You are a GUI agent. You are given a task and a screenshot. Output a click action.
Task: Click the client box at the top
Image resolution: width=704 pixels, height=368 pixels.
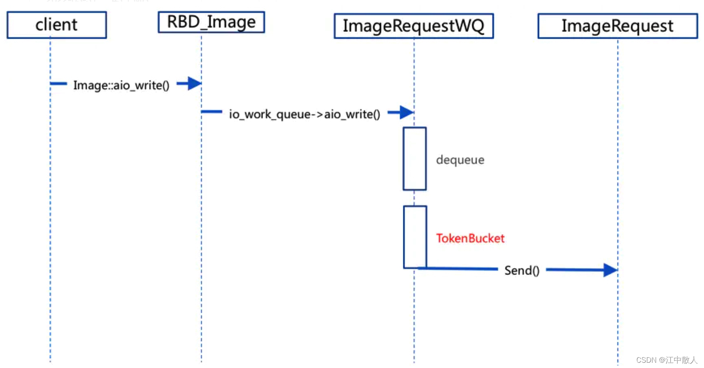pyautogui.click(x=56, y=25)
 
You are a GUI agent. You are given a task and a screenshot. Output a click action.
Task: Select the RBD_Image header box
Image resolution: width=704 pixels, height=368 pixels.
pyautogui.click(x=211, y=22)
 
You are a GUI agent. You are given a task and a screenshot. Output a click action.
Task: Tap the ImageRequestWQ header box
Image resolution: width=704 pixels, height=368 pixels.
pyautogui.click(x=414, y=26)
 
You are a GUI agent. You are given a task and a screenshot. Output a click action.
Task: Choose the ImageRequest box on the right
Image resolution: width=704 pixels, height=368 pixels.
pyautogui.click(x=617, y=26)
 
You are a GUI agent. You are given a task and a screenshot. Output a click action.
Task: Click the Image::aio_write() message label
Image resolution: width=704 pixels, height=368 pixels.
pyautogui.click(x=121, y=85)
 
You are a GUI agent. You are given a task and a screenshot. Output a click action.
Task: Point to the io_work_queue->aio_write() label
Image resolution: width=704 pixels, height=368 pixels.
pyautogui.click(x=305, y=114)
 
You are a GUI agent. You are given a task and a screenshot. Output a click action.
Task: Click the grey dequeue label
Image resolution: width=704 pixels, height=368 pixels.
pyautogui.click(x=460, y=160)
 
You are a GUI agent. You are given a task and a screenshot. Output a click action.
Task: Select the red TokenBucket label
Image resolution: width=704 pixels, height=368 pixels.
pyautogui.click(x=470, y=238)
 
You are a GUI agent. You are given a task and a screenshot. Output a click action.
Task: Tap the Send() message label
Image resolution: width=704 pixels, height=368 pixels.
pyautogui.click(x=522, y=270)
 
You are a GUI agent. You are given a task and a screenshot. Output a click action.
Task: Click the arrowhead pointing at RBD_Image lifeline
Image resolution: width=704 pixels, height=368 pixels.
pyautogui.click(x=194, y=84)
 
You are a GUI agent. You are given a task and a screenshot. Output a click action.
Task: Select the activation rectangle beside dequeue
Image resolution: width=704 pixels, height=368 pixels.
pyautogui.click(x=414, y=158)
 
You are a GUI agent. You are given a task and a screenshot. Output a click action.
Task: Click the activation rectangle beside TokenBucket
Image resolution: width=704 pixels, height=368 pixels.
pyautogui.click(x=415, y=237)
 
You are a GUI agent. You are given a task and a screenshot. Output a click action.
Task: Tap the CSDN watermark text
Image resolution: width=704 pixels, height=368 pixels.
pyautogui.click(x=646, y=360)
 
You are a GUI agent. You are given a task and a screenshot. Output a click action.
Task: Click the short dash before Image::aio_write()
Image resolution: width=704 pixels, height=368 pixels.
pyautogui.click(x=58, y=84)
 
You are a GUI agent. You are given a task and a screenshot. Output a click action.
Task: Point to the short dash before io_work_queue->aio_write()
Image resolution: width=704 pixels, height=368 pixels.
pyautogui.click(x=212, y=111)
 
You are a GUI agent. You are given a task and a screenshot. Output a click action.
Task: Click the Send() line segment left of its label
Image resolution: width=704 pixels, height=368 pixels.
pyautogui.click(x=458, y=268)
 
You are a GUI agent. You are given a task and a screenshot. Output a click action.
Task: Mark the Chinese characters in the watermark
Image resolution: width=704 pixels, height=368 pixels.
pyautogui.click(x=681, y=360)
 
